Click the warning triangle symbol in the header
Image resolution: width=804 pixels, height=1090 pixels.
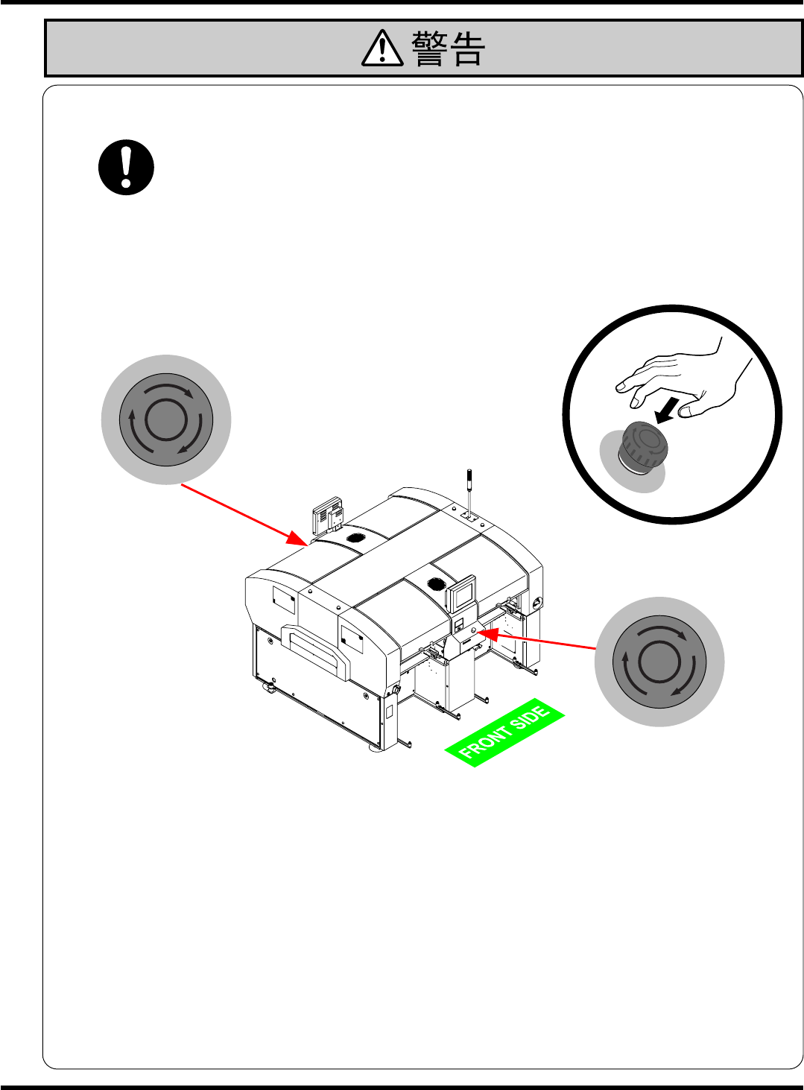(x=382, y=49)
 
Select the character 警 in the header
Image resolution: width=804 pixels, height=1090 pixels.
(x=429, y=49)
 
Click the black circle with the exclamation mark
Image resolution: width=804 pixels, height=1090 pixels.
(x=127, y=168)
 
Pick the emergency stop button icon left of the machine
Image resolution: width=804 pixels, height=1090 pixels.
(x=166, y=419)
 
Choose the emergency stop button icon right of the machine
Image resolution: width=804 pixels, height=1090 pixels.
(x=659, y=662)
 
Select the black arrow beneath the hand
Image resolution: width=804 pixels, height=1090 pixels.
(x=667, y=410)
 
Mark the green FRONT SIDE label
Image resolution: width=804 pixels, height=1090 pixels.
(x=504, y=733)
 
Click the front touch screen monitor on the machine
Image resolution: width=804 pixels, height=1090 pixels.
(x=462, y=593)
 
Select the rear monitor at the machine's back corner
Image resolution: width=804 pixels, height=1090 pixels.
(x=328, y=514)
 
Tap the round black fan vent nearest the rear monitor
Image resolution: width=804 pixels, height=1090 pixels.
(x=356, y=537)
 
